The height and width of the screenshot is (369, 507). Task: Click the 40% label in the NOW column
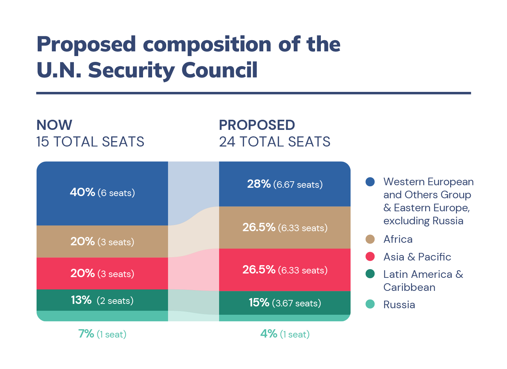pos(83,192)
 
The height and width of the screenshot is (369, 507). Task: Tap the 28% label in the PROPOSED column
pos(259,184)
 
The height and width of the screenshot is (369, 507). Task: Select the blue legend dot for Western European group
pos(370,182)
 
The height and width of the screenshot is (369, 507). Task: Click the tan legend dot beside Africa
pos(370,239)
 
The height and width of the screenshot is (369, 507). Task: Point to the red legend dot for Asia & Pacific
pos(370,257)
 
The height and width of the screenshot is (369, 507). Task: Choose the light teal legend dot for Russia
pos(370,304)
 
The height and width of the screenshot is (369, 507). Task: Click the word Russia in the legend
pos(399,305)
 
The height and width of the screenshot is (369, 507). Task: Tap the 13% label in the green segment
pos(81,300)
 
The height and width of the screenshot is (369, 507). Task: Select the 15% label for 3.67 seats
pos(259,302)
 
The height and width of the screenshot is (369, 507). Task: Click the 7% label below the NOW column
pos(86,334)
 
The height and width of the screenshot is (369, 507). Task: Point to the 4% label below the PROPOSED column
pos(269,334)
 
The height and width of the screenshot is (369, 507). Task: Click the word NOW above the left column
pos(54,125)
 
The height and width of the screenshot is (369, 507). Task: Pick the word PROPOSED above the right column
pos(257,125)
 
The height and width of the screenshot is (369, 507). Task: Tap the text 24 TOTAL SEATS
pos(275,142)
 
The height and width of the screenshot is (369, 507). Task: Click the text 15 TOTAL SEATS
pos(90,142)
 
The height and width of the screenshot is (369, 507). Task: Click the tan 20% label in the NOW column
pos(83,241)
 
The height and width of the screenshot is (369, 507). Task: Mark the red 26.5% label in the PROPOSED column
pos(259,270)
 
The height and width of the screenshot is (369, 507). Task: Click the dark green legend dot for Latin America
pos(370,274)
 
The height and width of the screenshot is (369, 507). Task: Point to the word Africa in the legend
pos(398,239)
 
